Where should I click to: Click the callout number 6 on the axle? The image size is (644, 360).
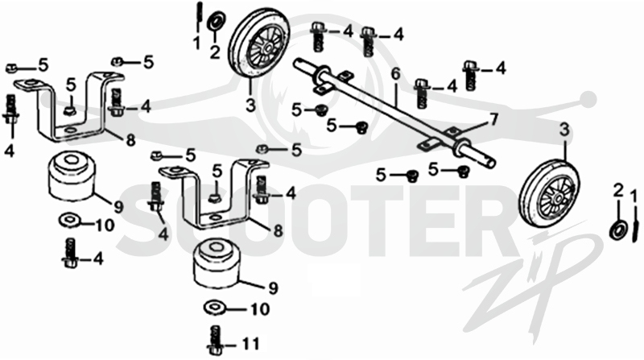[x=395, y=74]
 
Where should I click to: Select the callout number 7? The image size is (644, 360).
[x=493, y=119]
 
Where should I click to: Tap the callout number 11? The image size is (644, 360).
[x=250, y=344]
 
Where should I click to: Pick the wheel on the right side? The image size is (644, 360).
[x=551, y=193]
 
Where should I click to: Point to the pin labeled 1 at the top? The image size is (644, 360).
[x=199, y=17]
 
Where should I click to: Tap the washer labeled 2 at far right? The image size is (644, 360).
[x=618, y=229]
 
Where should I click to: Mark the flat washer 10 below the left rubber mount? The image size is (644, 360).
[x=70, y=219]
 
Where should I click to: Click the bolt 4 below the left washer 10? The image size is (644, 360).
[x=70, y=253]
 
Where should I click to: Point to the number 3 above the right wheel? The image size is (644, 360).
[x=565, y=130]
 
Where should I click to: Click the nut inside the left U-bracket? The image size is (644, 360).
[x=70, y=110]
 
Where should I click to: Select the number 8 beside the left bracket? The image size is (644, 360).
[x=130, y=140]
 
